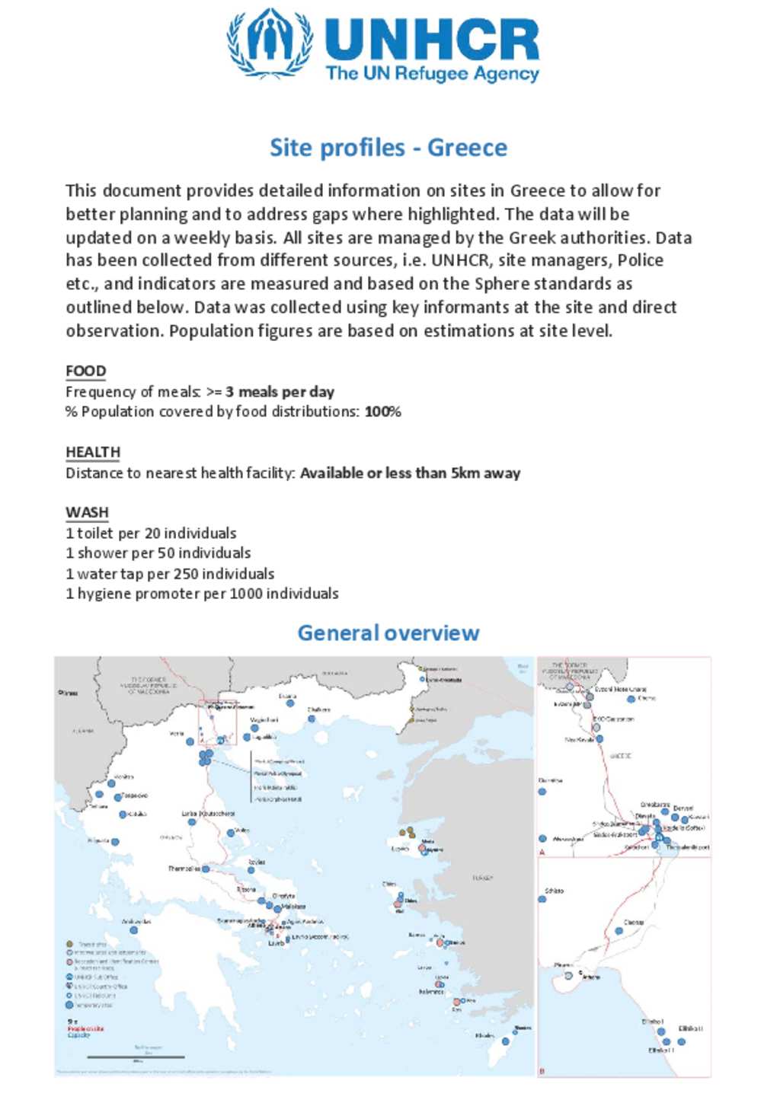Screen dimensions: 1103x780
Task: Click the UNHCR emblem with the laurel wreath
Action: pos(270,43)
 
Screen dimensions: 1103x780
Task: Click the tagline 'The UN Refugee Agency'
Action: pos(432,74)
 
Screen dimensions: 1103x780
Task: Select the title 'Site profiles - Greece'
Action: pos(388,148)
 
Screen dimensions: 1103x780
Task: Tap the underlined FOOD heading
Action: pos(86,371)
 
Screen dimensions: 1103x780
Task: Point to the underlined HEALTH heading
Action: pos(93,452)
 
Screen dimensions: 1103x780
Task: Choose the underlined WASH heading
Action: pos(87,512)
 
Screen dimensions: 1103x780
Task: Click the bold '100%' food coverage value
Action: pos(383,412)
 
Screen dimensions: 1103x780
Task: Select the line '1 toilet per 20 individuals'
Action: pos(151,533)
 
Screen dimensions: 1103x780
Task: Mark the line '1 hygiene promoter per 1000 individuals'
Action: pos(202,594)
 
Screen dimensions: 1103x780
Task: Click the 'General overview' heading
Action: pos(388,633)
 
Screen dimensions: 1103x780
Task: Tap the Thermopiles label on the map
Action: pos(184,869)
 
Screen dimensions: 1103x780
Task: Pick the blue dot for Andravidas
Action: pos(134,929)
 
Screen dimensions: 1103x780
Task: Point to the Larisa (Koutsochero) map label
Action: pos(208,814)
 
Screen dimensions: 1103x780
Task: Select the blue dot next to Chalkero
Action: pos(312,719)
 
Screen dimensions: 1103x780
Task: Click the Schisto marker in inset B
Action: pos(542,899)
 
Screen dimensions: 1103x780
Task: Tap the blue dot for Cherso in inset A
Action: pos(631,699)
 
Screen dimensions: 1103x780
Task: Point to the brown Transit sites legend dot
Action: pos(70,944)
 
